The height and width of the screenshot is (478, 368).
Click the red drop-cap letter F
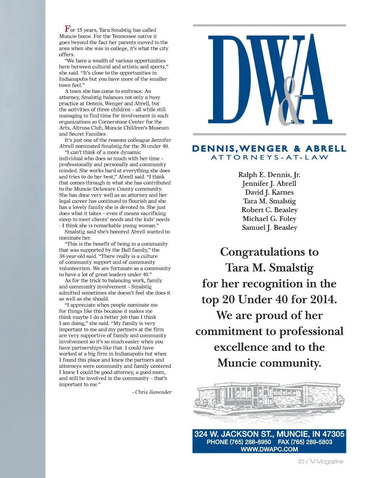click(x=67, y=29)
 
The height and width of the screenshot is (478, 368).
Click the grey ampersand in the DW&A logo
click(x=290, y=103)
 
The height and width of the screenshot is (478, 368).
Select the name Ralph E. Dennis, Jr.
click(x=269, y=175)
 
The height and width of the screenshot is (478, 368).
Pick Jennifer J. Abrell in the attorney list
click(x=269, y=183)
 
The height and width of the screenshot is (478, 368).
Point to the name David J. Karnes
click(x=269, y=192)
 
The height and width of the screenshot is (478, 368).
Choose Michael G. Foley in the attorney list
click(x=269, y=219)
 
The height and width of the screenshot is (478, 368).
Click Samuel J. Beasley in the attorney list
click(x=269, y=227)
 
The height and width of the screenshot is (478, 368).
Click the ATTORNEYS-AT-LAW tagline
click(x=269, y=158)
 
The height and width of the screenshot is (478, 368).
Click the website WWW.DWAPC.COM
click(x=269, y=449)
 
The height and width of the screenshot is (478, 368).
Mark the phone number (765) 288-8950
click(x=250, y=442)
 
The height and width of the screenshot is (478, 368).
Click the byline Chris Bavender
click(x=153, y=392)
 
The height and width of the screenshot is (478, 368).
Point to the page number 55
click(x=301, y=461)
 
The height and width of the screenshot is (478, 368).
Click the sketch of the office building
click(x=269, y=399)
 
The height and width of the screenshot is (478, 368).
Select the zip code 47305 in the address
click(x=333, y=434)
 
